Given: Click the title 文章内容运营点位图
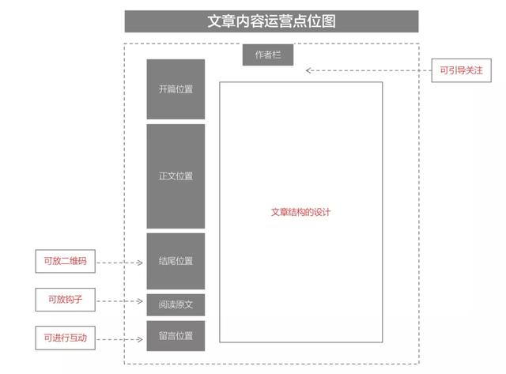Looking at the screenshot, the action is tap(271, 21).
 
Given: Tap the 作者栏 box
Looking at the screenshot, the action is tap(268, 55).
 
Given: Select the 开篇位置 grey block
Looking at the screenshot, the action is tap(176, 89).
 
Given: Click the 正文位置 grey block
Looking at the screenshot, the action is tap(176, 176).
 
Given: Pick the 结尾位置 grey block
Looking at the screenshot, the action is tap(176, 261).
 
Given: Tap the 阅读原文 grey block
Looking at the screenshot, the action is tap(176, 304).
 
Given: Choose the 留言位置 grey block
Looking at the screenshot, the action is tap(176, 336).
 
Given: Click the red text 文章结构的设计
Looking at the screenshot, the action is tap(300, 212).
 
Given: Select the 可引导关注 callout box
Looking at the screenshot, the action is tap(462, 70).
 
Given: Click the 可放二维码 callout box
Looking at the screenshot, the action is tap(65, 261).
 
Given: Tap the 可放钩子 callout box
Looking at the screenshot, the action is tap(65, 300).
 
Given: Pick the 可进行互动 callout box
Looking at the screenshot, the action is tap(65, 338).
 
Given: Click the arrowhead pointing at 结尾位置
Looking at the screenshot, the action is tap(140, 263).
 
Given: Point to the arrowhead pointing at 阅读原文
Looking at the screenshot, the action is tap(140, 301).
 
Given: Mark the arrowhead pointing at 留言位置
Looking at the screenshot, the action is tap(140, 339).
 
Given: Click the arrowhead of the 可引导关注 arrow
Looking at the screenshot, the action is tap(308, 70).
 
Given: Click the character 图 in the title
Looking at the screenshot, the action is tap(329, 21).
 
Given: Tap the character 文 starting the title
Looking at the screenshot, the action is tap(214, 21).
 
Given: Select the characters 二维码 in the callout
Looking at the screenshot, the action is tap(74, 261).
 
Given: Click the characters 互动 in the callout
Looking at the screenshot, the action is tap(78, 338).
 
